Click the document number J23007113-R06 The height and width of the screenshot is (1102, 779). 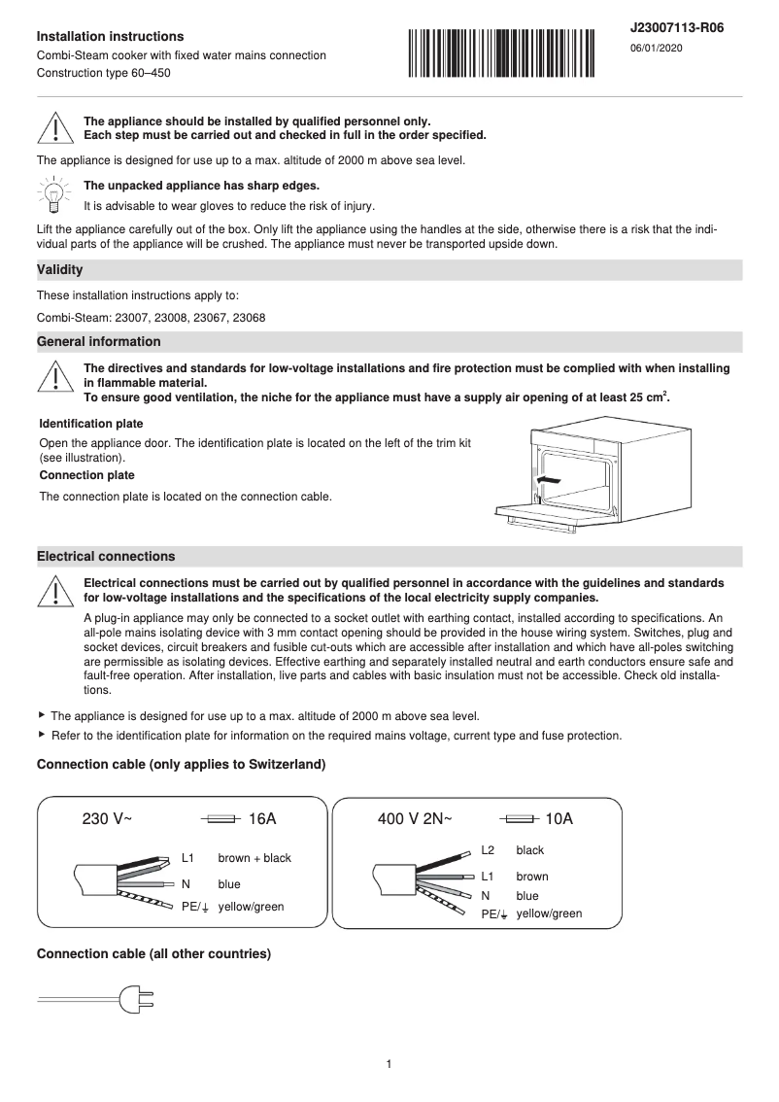coord(677,28)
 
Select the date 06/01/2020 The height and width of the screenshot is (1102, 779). coord(656,49)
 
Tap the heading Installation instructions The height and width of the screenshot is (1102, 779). coord(110,36)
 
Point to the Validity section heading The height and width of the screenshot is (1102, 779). coord(59,269)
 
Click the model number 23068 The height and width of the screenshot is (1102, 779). coord(250,318)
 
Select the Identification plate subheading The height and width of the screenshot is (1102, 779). coord(91,424)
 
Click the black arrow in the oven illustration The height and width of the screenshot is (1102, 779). coord(548,480)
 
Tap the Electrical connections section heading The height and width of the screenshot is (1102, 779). coord(106,557)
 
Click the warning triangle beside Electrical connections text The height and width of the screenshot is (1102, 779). coord(55,590)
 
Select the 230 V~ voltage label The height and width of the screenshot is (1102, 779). coord(107,819)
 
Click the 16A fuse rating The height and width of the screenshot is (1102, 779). coord(262,819)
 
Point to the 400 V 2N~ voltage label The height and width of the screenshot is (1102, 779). coord(415,819)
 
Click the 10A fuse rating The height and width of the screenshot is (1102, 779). coord(559,819)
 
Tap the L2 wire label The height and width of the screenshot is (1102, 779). coord(488,850)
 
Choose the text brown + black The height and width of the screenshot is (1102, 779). coord(254,858)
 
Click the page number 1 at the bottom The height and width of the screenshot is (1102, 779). coord(389,1064)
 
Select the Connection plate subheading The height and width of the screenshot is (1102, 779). coord(87,475)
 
